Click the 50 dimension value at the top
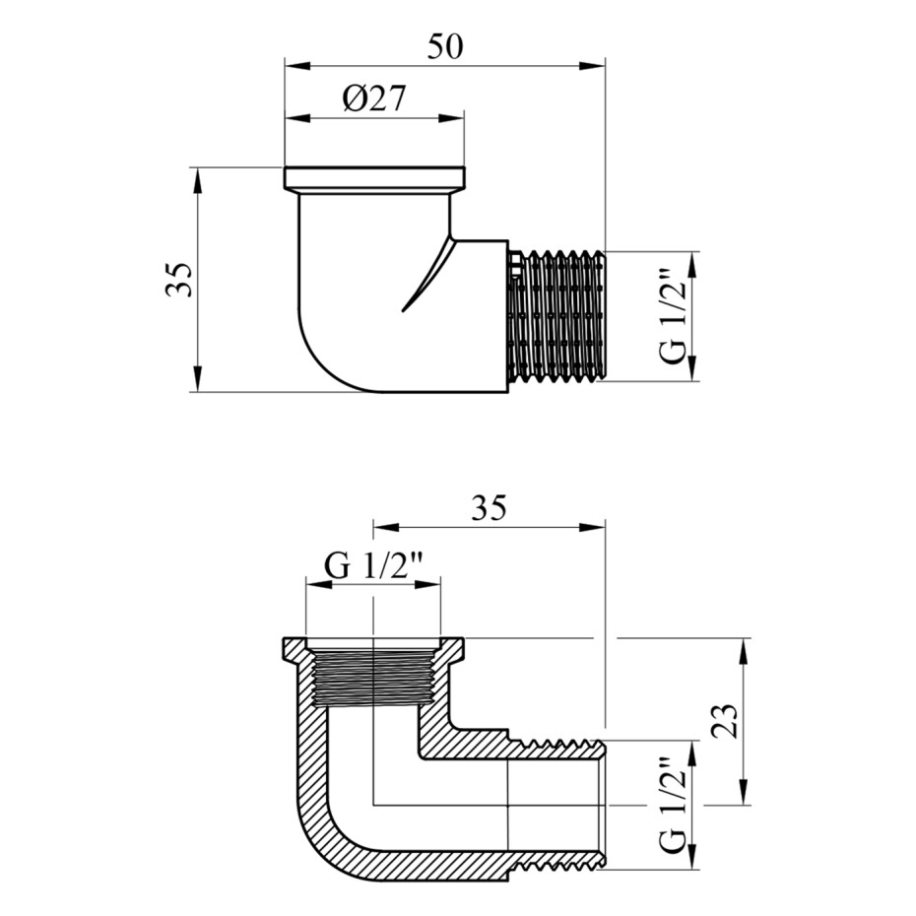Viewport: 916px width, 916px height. coord(445,47)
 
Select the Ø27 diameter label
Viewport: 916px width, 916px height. coord(374,98)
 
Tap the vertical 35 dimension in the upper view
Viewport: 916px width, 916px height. coord(178,280)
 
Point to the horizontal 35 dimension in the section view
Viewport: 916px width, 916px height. coord(489,507)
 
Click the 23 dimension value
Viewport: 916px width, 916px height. coord(725,721)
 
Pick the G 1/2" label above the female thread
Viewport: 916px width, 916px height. coord(373,566)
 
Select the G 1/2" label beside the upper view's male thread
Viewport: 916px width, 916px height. coord(673,317)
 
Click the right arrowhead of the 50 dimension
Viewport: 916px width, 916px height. coord(592,65)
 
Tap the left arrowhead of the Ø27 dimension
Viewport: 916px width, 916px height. coord(297,118)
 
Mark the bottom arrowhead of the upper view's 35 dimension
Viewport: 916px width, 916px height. coord(198,378)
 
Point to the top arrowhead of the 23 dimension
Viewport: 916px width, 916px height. coord(744,651)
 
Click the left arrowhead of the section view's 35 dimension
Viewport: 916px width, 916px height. coord(386,527)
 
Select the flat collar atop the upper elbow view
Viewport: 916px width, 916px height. coord(375,178)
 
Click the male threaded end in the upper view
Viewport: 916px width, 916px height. coord(556,316)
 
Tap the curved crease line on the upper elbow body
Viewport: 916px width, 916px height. coord(429,275)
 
